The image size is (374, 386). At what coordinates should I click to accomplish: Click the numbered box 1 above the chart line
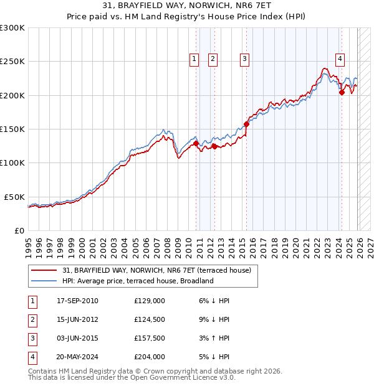click(x=194, y=59)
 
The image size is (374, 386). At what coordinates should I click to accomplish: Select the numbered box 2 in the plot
click(x=213, y=59)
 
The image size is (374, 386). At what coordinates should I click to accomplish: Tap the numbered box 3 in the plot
click(x=244, y=59)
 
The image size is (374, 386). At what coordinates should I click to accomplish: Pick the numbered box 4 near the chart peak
click(x=340, y=59)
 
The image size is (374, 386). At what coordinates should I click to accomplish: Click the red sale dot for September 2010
click(x=196, y=143)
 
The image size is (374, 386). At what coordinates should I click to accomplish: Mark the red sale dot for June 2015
click(x=246, y=124)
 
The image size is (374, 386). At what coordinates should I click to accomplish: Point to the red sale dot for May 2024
click(x=342, y=93)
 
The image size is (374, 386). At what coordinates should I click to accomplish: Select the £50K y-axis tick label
click(x=15, y=197)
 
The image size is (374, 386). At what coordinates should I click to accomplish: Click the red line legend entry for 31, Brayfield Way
click(x=156, y=270)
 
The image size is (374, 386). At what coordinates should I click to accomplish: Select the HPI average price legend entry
click(x=138, y=281)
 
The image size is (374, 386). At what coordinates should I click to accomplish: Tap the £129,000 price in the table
click(x=150, y=301)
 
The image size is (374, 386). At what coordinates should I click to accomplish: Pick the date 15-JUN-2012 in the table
click(x=77, y=319)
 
